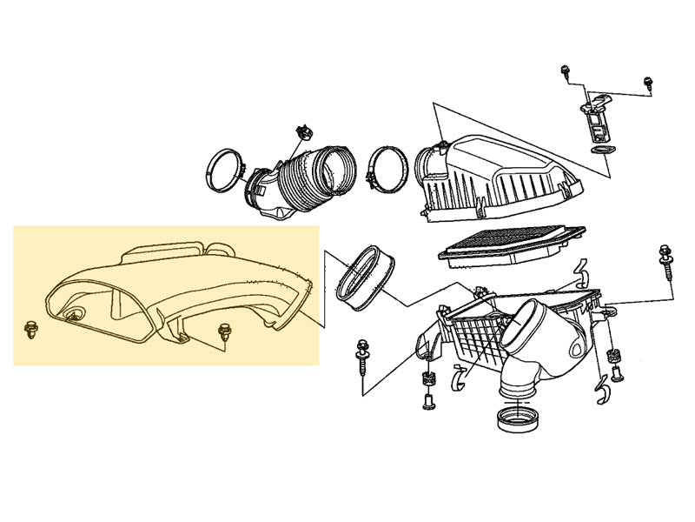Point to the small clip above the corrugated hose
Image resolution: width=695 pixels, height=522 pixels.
tap(303, 133)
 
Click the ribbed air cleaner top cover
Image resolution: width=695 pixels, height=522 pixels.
tap(495, 174)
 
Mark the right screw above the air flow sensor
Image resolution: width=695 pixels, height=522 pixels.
tap(647, 82)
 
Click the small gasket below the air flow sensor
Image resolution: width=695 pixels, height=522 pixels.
tap(599, 151)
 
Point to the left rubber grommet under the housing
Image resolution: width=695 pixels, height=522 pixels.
tap(427, 378)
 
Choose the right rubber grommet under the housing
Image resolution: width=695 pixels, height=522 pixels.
tap(615, 357)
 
